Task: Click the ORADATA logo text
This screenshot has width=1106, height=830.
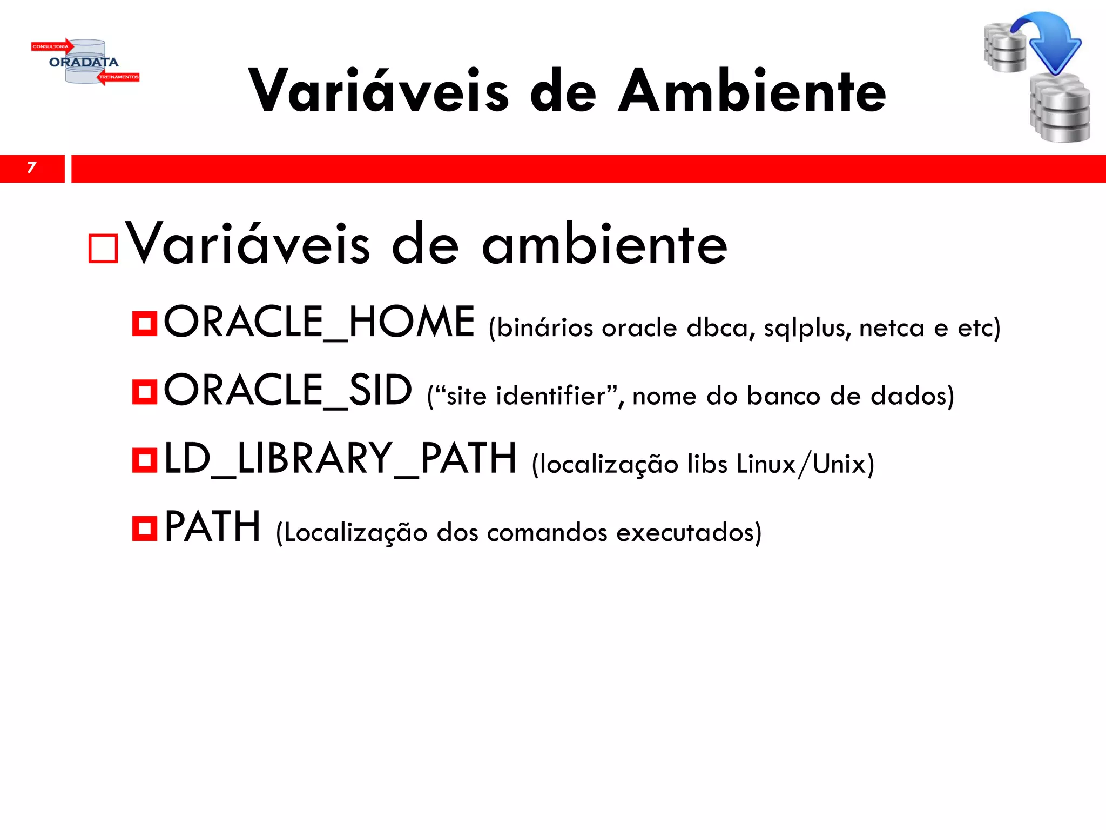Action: [84, 62]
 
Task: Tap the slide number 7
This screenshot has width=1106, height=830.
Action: [31, 168]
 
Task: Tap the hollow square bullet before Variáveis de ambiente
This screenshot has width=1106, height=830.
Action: [103, 249]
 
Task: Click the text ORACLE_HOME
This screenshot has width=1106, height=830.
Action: [319, 323]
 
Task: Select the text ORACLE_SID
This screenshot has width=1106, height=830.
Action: [288, 391]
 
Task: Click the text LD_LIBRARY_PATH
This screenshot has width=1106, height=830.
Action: [340, 459]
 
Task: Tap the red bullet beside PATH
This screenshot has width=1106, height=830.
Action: [145, 528]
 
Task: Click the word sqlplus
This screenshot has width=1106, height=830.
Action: [807, 329]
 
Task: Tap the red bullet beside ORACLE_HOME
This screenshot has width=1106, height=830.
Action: [145, 324]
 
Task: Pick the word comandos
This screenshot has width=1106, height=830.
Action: [547, 533]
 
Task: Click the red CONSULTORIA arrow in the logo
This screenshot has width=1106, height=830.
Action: [52, 46]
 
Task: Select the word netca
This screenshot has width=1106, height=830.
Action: [892, 329]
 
